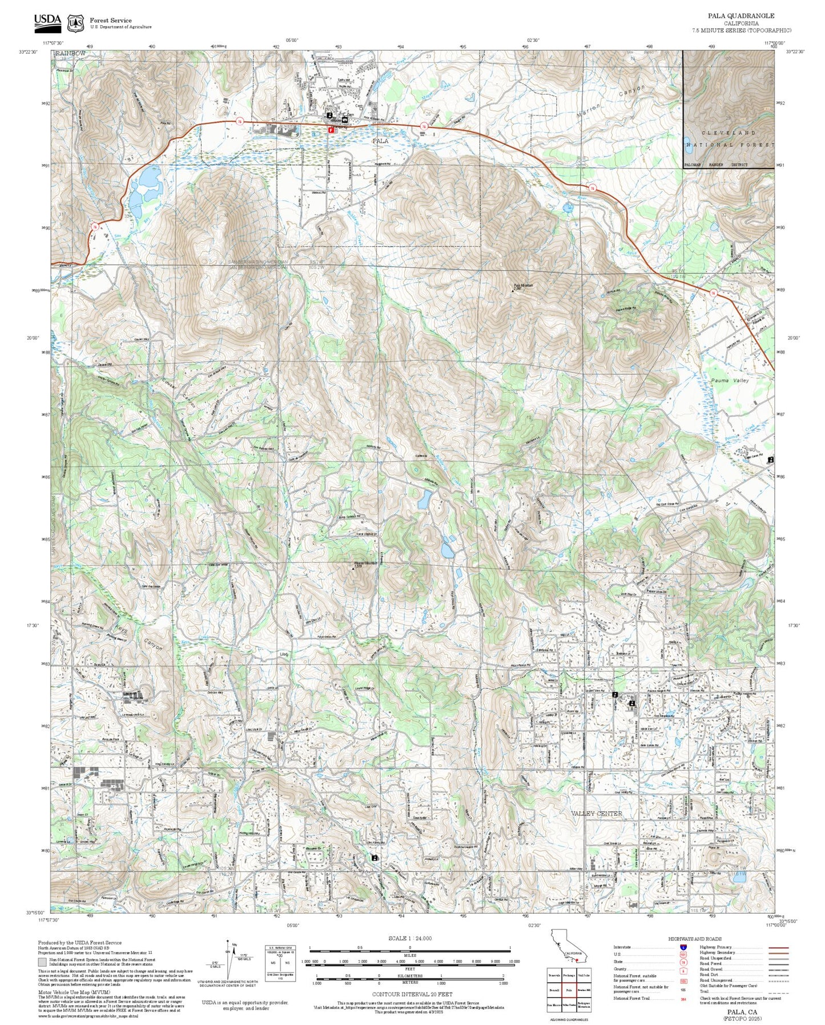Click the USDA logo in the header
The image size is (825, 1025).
[x=47, y=21]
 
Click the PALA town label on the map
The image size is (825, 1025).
[x=380, y=141]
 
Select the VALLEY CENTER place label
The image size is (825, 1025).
[x=597, y=813]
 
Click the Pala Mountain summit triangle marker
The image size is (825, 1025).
[x=513, y=290]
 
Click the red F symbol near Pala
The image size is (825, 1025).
[x=331, y=130]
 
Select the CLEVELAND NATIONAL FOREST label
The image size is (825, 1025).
[x=729, y=139]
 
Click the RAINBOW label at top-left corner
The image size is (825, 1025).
[x=70, y=53]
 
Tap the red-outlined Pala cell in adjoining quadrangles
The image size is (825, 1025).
[x=569, y=988]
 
